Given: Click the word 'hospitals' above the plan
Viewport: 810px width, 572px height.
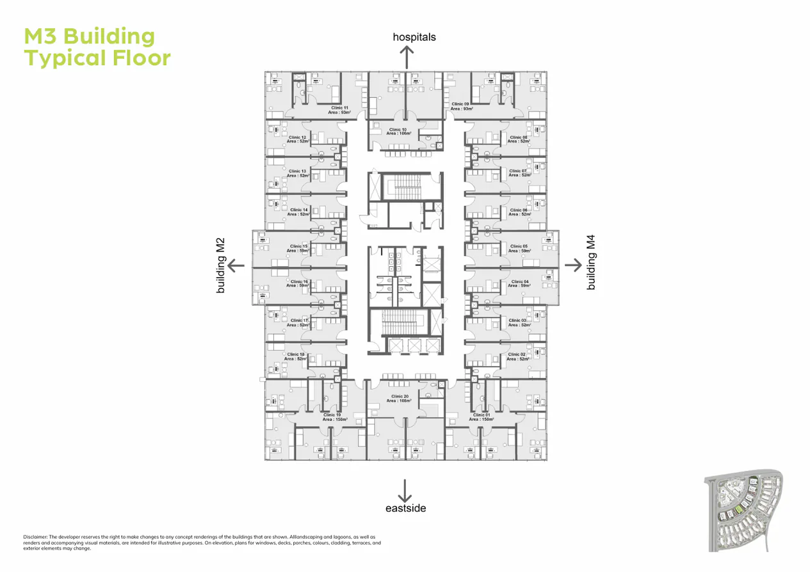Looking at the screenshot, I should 414,37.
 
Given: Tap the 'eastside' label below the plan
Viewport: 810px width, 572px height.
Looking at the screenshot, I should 405,509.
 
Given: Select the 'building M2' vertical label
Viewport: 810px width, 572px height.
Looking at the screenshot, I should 221,265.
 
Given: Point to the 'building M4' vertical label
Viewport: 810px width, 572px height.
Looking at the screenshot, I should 591,263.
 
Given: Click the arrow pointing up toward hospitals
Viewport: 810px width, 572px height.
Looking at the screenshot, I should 406,56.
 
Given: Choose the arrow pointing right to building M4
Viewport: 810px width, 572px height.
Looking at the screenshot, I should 572,264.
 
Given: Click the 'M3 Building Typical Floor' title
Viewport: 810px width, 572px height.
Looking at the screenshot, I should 97,47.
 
